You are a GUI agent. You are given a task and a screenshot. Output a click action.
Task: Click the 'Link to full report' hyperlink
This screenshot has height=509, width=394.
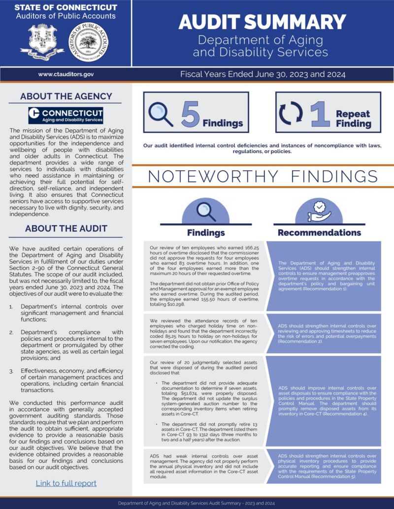pyautogui.click(x=66, y=483)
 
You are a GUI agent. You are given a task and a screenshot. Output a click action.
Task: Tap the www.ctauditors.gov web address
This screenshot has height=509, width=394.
pyautogui.click(x=66, y=74)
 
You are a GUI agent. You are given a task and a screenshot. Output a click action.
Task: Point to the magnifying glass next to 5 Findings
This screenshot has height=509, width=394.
pyautogui.click(x=161, y=114)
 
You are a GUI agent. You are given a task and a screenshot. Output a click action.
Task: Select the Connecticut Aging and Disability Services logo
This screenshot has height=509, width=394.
pyautogui.click(x=66, y=116)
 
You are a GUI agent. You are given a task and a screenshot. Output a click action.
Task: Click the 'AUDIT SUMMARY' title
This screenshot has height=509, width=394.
pyautogui.click(x=262, y=22)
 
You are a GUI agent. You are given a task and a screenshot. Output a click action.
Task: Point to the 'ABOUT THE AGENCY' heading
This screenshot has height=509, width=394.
pyautogui.click(x=66, y=96)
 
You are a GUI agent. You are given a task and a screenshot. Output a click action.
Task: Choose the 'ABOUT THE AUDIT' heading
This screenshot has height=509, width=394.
pyautogui.click(x=66, y=229)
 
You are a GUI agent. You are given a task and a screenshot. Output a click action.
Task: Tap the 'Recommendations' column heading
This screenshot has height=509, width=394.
pyautogui.click(x=319, y=233)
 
